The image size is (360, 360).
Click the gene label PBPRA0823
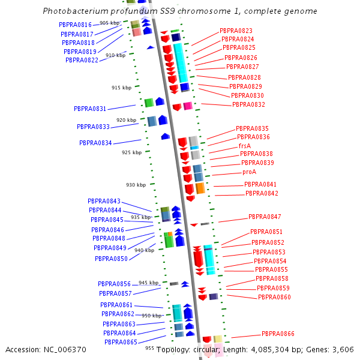(236, 31)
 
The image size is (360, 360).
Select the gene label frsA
(244, 146)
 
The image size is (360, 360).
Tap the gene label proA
(249, 172)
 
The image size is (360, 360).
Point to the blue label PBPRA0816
(75, 25)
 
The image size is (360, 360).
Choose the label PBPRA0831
(90, 109)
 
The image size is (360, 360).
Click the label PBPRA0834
(95, 143)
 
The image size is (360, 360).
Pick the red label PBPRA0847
(265, 217)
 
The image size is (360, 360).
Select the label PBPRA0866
(278, 334)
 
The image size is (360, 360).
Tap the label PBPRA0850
(111, 259)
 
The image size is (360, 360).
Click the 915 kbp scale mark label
(121, 88)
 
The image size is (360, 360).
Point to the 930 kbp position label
(136, 185)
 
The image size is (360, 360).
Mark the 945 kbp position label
(148, 283)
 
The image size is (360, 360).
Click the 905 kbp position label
(109, 23)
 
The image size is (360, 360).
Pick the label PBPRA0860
(274, 298)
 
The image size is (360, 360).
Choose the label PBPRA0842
(262, 194)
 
